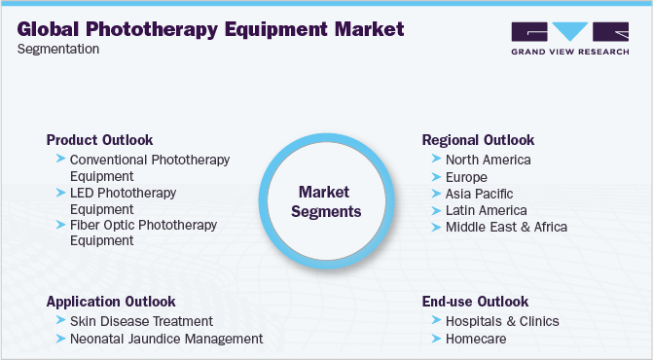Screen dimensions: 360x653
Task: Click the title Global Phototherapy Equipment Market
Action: (210, 28)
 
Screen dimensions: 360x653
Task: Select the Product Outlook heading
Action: (99, 140)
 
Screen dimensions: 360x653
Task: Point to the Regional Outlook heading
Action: (478, 140)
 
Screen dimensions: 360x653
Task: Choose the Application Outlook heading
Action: (111, 302)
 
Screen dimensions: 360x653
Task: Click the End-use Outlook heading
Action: (475, 302)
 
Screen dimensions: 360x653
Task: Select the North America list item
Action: (488, 160)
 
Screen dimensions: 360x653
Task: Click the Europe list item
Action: (466, 177)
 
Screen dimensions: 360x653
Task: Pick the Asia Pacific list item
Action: (479, 194)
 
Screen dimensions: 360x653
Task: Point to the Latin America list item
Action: (486, 210)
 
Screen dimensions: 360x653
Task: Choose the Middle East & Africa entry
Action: (506, 227)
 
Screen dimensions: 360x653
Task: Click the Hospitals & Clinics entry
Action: (502, 321)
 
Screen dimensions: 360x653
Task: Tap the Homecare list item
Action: (476, 339)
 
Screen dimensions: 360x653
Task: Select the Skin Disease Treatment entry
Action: (141, 321)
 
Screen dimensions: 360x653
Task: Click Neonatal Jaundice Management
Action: (166, 339)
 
